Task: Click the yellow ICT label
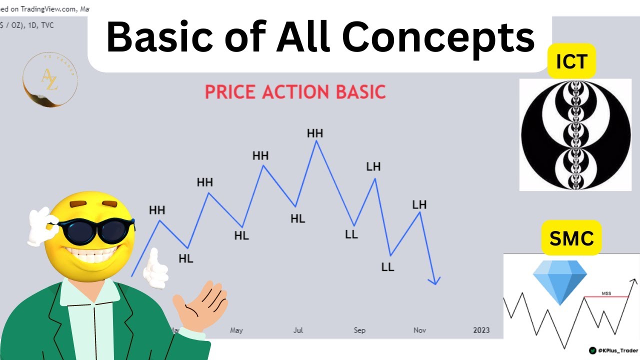(x=571, y=61)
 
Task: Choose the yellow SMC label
(x=571, y=238)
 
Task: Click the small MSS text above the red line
(x=606, y=293)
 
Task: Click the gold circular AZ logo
(x=50, y=80)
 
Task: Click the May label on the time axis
(x=236, y=330)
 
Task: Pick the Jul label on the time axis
(x=298, y=330)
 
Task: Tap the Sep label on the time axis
(x=359, y=330)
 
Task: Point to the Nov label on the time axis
(x=419, y=330)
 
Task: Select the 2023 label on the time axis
(x=481, y=330)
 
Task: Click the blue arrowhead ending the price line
(x=436, y=281)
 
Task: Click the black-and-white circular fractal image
(x=575, y=134)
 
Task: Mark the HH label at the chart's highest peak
(x=315, y=133)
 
